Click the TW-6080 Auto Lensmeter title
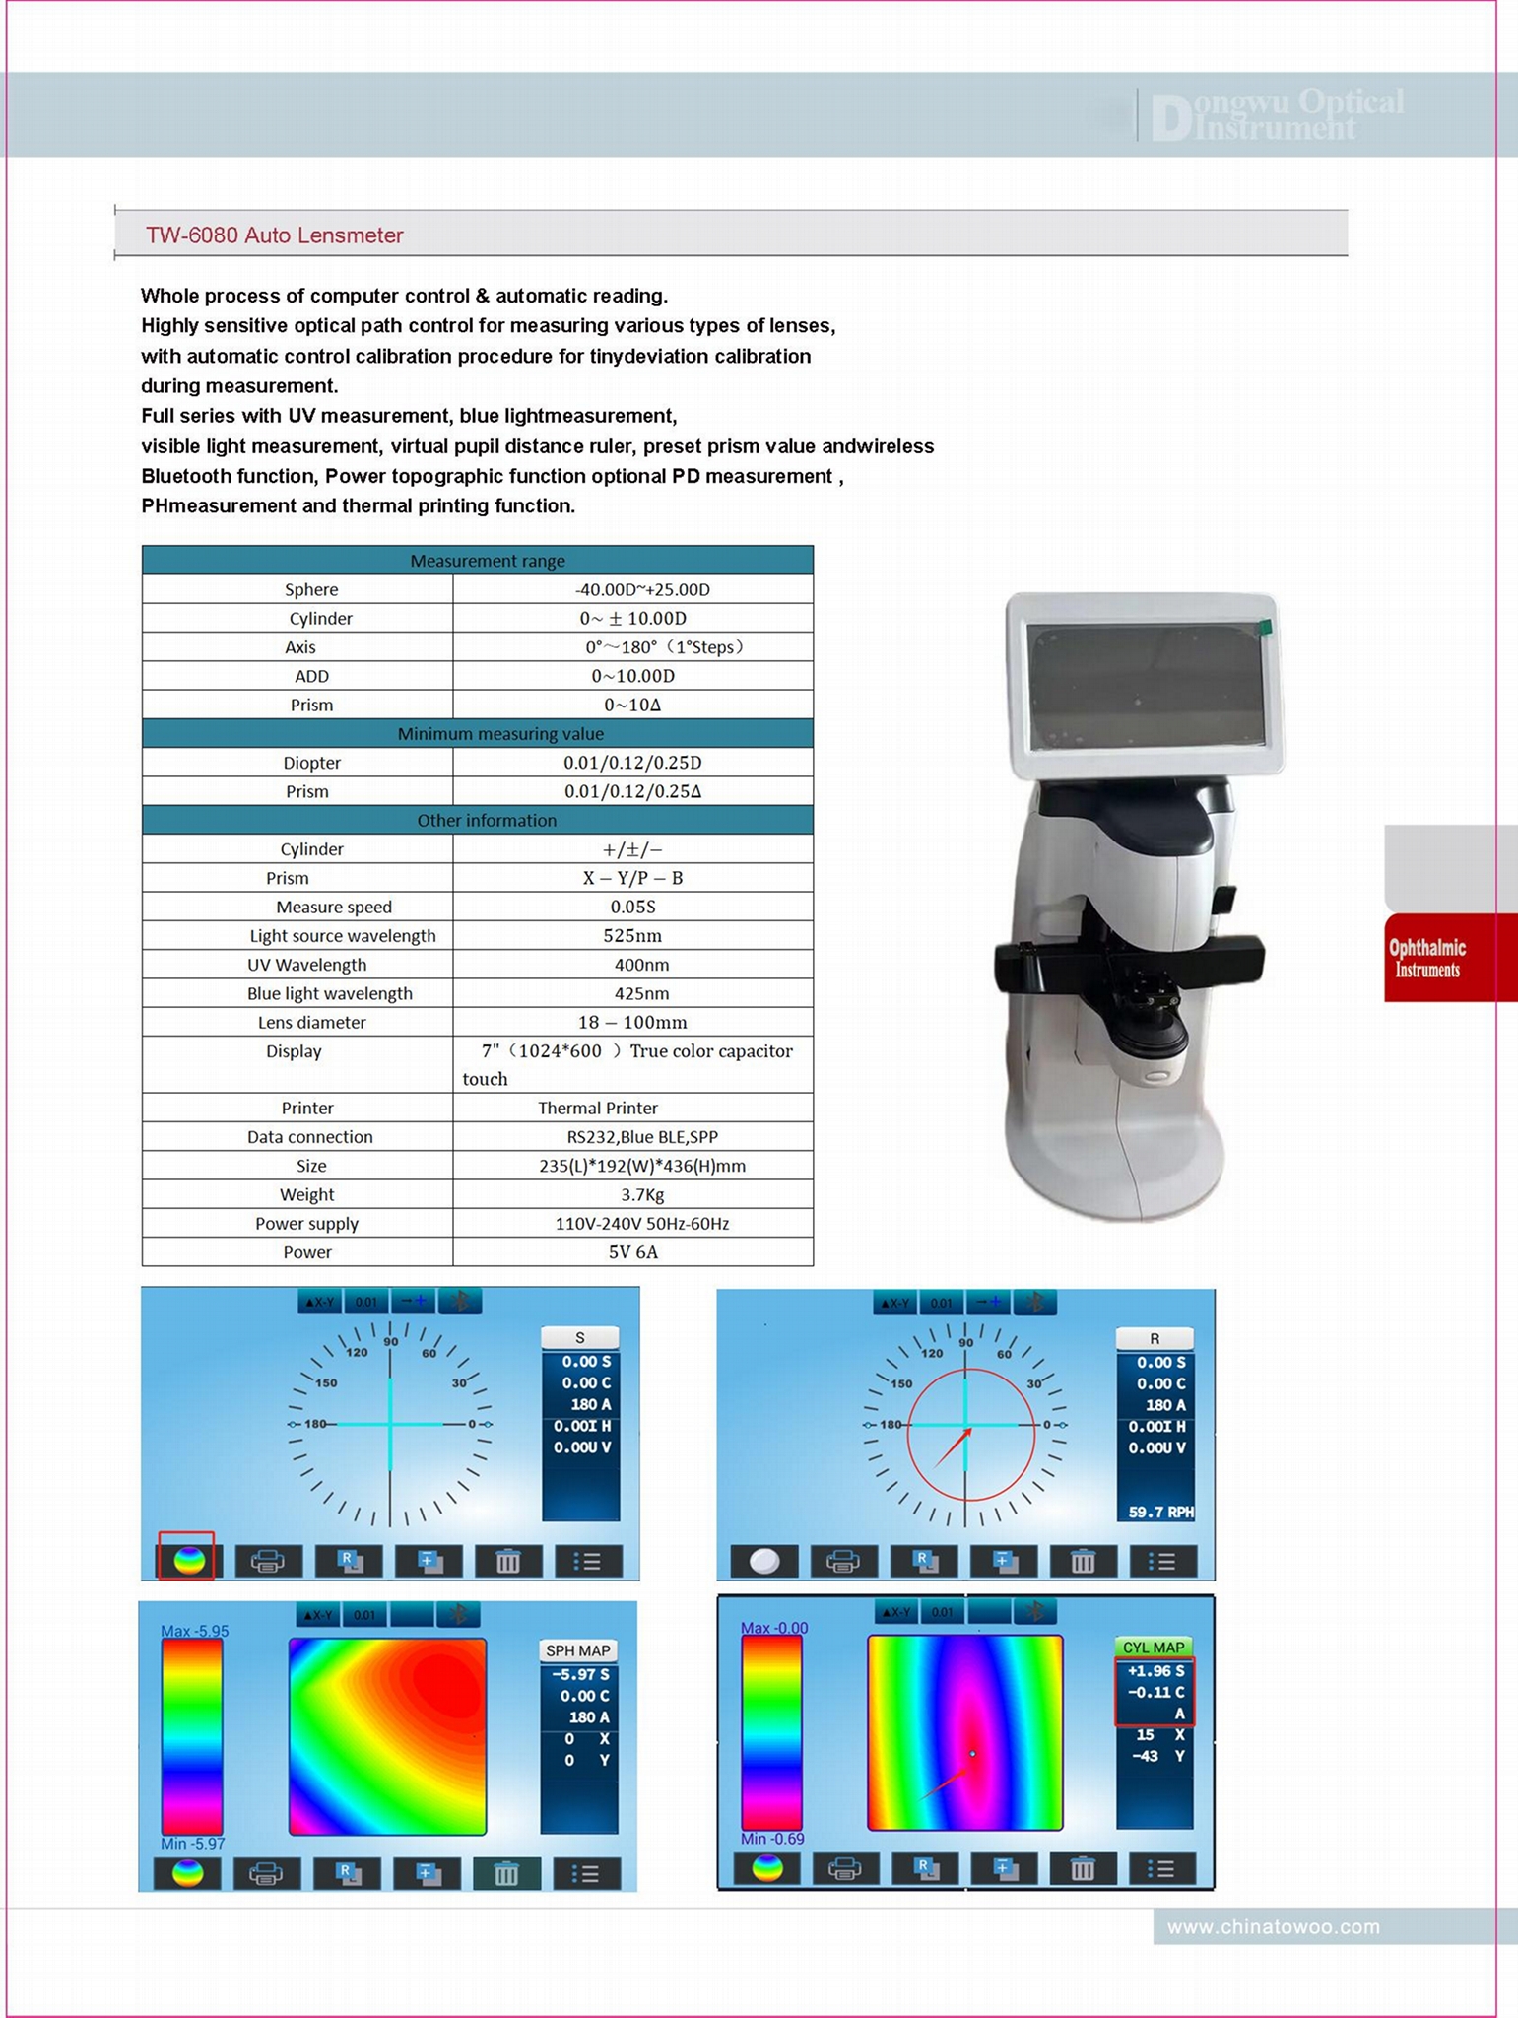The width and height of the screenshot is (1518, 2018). tap(274, 235)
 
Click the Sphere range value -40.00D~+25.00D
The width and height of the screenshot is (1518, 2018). tap(641, 589)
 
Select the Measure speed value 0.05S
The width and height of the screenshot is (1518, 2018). tap(632, 907)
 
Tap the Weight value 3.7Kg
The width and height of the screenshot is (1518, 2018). tap(641, 1194)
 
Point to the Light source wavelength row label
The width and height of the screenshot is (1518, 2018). tap(342, 935)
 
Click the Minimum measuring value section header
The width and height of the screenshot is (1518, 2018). tap(500, 734)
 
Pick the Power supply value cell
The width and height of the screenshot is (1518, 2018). tap(641, 1223)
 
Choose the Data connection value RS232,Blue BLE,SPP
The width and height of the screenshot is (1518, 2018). tap(641, 1136)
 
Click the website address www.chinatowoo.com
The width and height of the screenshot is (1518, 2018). tap(1273, 1926)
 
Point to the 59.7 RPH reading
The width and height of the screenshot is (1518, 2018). tap(1159, 1512)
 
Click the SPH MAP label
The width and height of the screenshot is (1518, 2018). tap(577, 1650)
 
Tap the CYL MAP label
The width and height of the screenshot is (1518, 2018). tap(1153, 1647)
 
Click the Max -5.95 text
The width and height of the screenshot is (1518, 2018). tap(194, 1631)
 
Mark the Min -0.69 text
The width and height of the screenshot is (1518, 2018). tap(771, 1839)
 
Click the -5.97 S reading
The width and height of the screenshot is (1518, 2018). tap(580, 1674)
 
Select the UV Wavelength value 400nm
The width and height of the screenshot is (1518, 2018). tap(641, 965)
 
